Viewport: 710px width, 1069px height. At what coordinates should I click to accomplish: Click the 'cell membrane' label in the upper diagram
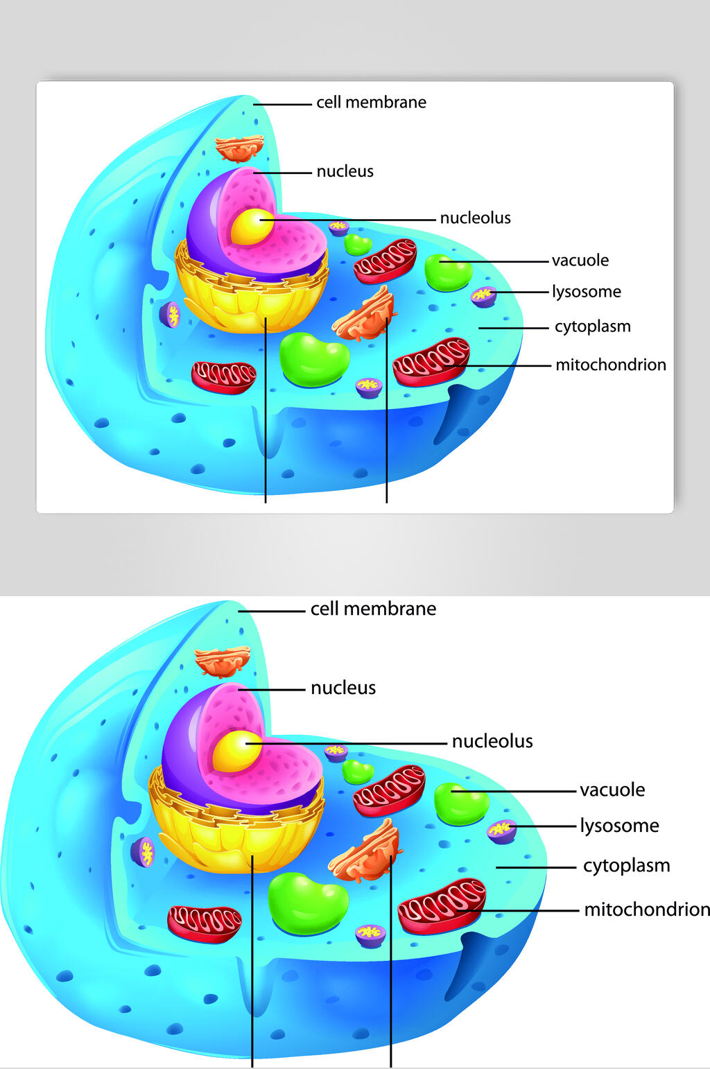click(371, 102)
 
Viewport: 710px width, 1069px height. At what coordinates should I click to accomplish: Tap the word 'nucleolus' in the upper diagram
click(475, 218)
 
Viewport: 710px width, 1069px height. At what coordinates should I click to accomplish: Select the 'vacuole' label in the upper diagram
click(580, 261)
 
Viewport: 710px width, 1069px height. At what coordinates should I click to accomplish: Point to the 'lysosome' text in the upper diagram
click(587, 292)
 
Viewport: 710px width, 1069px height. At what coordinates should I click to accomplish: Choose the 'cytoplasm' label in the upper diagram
click(593, 327)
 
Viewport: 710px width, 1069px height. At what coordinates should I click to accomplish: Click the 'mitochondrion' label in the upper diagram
click(611, 365)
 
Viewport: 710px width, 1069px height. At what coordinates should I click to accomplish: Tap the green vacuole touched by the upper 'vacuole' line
click(449, 272)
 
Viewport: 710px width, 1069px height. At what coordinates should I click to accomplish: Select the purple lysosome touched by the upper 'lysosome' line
click(484, 297)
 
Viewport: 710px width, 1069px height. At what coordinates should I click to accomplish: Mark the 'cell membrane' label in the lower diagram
click(373, 609)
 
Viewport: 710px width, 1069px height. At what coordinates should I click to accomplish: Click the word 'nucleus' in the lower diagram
click(343, 688)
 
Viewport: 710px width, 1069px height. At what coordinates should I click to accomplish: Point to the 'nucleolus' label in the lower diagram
click(492, 742)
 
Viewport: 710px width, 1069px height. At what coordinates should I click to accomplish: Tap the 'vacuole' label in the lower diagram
click(612, 790)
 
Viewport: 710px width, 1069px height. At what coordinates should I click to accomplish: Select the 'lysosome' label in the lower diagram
click(619, 826)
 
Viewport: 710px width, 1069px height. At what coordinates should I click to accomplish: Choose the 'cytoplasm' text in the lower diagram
click(627, 866)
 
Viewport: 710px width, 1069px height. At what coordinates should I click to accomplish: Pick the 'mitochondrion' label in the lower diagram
click(647, 910)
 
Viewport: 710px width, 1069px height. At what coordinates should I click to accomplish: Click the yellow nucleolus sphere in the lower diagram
click(237, 751)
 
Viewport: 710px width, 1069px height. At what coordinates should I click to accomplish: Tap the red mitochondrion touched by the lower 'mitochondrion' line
click(442, 906)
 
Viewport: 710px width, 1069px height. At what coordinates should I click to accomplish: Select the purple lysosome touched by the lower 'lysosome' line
click(501, 832)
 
